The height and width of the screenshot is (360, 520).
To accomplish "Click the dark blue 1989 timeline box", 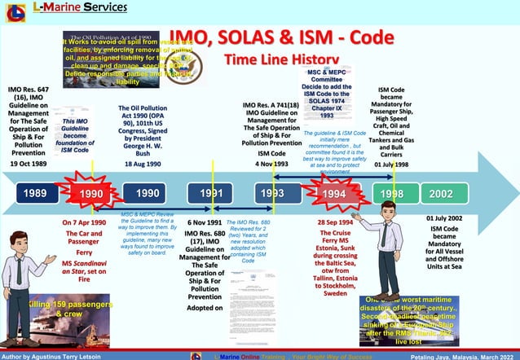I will (36, 194).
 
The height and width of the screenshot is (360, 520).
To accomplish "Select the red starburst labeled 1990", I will (92, 194).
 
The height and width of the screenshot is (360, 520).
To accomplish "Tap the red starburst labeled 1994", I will (333, 195).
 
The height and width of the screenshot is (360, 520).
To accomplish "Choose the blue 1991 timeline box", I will (211, 194).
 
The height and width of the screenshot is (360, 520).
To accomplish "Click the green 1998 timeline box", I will (391, 194).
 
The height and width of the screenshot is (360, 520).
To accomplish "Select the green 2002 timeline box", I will (441, 194).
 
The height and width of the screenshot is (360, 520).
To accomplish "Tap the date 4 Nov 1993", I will (271, 164).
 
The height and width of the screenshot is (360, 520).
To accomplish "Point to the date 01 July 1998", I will (391, 164).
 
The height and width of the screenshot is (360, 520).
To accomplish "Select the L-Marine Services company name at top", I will (80, 7).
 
